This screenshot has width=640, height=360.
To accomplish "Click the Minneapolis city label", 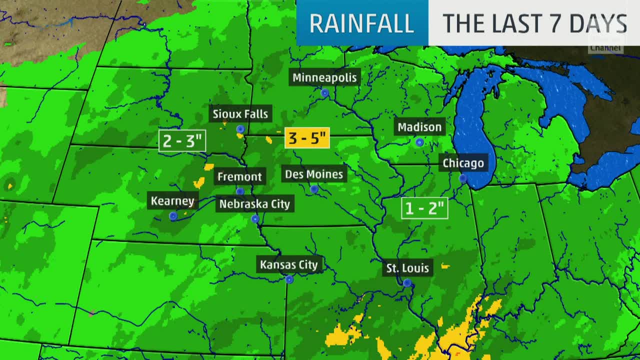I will click(x=325, y=77).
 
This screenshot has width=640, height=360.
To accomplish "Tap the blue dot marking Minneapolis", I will click(x=324, y=93).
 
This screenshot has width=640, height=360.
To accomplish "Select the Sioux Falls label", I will click(x=240, y=114).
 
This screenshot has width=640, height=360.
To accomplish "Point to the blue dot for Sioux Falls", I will click(x=240, y=129).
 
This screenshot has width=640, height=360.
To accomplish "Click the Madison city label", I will click(x=419, y=127).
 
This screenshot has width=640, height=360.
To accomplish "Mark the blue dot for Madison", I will click(x=419, y=142).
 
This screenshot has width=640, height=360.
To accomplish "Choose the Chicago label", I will click(x=463, y=163).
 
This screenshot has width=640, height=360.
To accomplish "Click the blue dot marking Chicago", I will click(x=463, y=178).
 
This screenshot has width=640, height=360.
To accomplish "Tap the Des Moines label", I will click(x=314, y=174).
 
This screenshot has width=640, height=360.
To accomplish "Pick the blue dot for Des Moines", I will click(x=314, y=189).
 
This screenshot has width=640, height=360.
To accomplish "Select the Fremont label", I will click(x=239, y=176).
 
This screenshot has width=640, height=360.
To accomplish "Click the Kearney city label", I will click(x=172, y=201).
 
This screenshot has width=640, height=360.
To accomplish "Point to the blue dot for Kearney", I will click(x=173, y=216).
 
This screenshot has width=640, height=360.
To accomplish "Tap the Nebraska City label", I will click(x=254, y=204).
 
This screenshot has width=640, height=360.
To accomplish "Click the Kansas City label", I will click(x=289, y=264).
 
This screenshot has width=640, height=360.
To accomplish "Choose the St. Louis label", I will click(x=407, y=268).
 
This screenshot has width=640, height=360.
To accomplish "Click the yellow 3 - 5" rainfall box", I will click(x=307, y=137).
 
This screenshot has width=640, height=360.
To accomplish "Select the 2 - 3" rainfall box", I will click(x=182, y=140).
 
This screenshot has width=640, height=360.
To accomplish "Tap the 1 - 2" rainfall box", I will click(x=424, y=208).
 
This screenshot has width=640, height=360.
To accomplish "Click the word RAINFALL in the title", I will click(x=362, y=23).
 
